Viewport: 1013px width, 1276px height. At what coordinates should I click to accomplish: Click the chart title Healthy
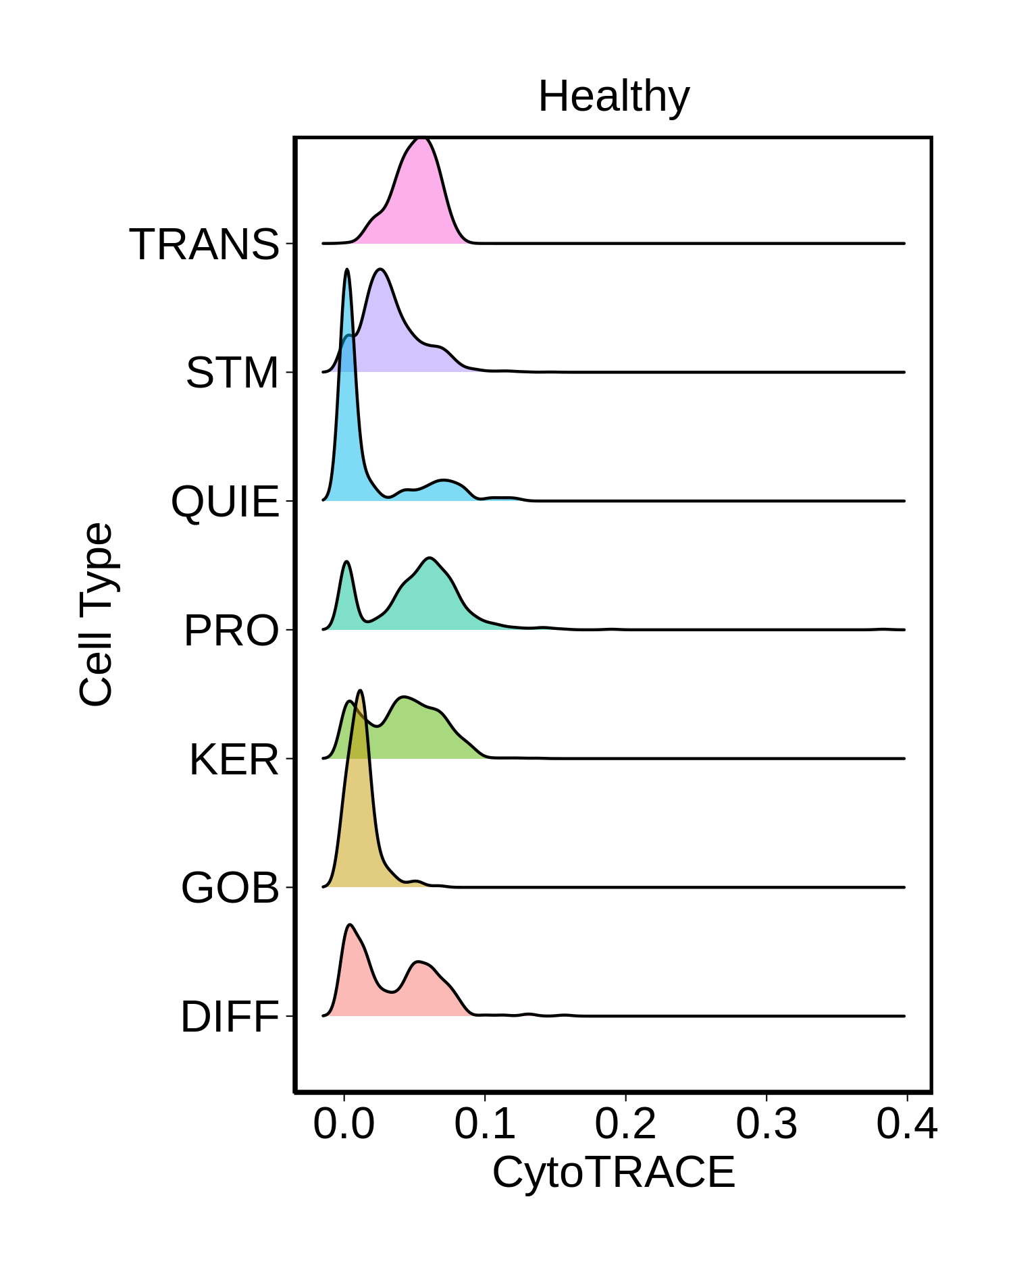click(x=613, y=96)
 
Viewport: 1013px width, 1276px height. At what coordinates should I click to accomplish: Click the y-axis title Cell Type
click(x=96, y=614)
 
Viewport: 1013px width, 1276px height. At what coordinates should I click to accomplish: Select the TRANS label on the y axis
click(x=204, y=244)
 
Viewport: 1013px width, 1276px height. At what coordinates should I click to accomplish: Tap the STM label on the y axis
click(x=232, y=373)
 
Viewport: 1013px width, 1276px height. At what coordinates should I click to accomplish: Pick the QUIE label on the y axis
click(x=225, y=502)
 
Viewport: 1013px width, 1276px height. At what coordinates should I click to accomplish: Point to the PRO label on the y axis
click(x=231, y=631)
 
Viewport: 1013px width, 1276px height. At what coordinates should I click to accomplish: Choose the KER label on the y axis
click(x=234, y=760)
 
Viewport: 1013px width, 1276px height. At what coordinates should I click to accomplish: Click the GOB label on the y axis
click(x=230, y=888)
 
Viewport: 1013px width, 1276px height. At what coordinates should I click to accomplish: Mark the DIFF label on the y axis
click(x=230, y=1017)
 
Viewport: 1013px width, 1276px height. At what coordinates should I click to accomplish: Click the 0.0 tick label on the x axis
click(x=344, y=1124)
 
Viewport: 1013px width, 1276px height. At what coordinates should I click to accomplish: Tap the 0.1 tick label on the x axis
click(x=485, y=1124)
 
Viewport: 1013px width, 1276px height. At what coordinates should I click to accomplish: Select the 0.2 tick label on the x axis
click(x=625, y=1124)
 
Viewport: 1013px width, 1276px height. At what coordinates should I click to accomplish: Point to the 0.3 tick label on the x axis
click(x=767, y=1124)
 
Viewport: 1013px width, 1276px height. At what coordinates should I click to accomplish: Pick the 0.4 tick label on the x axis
click(x=907, y=1124)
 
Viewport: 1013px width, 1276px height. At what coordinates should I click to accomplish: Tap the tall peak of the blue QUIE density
click(x=347, y=270)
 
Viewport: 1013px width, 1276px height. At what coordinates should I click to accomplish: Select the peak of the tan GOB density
click(x=361, y=691)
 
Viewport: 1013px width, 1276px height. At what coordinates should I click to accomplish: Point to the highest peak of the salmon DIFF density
click(x=350, y=925)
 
